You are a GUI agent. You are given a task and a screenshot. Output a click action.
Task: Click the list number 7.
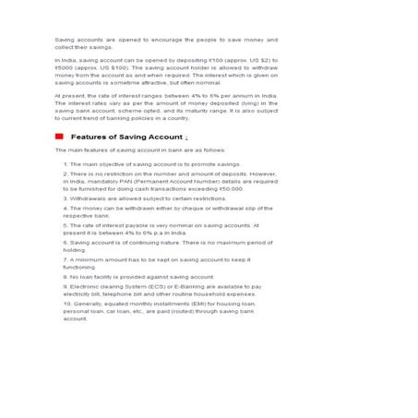coord(66,260)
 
